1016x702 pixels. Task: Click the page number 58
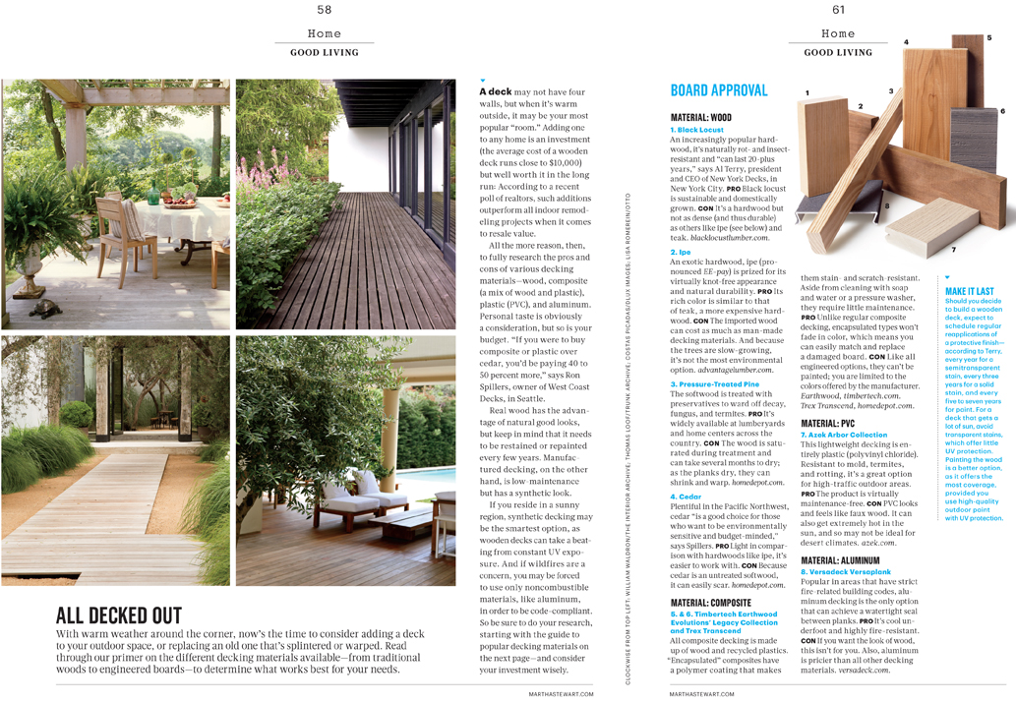click(324, 10)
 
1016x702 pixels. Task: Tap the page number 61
click(838, 10)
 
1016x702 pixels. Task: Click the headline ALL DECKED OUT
click(119, 616)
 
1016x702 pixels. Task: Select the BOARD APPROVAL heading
click(718, 90)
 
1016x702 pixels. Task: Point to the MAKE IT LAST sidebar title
click(969, 291)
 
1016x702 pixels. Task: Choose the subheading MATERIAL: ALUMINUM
click(846, 559)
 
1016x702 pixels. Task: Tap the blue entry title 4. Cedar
click(686, 497)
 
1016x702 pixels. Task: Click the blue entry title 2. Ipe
click(681, 253)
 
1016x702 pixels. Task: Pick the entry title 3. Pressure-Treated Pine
click(714, 384)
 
